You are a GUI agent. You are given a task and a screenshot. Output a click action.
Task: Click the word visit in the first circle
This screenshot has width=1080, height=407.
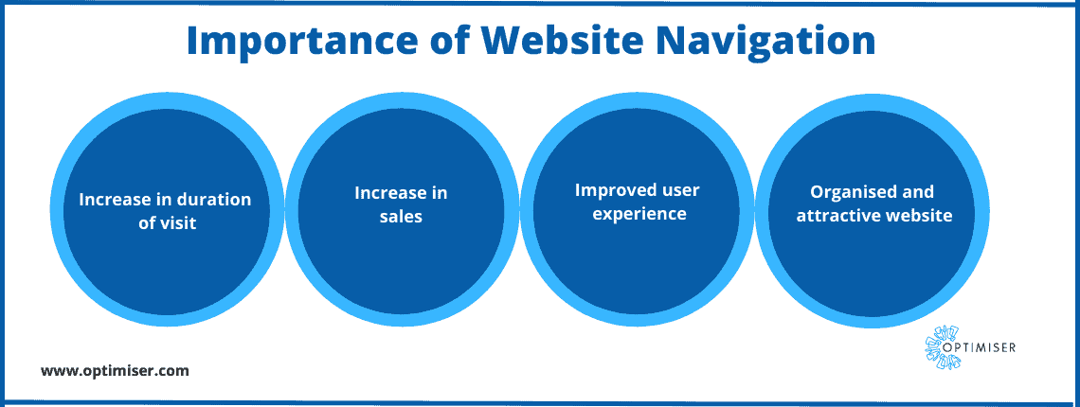tap(178, 223)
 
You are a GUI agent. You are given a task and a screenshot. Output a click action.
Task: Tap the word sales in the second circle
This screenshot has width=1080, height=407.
tap(401, 217)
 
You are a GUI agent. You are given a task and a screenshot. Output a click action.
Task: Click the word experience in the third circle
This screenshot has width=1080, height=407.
tap(639, 214)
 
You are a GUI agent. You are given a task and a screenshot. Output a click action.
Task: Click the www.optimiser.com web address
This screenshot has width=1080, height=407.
tap(115, 371)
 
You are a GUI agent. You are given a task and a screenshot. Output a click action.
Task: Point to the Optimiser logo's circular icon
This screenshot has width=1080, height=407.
tap(941, 346)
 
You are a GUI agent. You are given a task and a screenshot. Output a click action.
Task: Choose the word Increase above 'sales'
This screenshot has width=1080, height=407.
tap(386, 193)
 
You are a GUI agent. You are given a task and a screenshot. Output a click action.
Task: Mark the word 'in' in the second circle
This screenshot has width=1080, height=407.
tap(435, 193)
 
